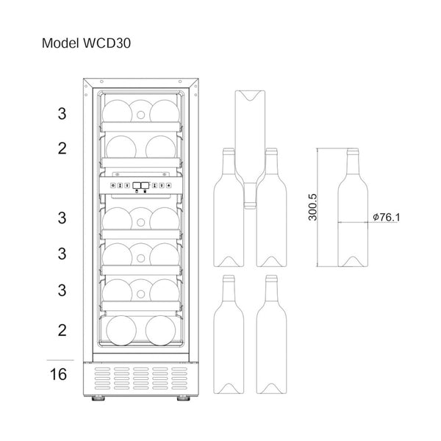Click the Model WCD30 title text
tap(86, 43)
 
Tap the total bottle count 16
tap(59, 374)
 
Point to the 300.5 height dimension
tap(313, 207)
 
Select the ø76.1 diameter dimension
tap(386, 217)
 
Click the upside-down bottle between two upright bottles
tap(250, 149)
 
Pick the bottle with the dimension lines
tap(353, 207)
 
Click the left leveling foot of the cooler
tap(98, 398)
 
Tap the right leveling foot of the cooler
tap(183, 398)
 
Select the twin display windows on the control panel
tap(141, 185)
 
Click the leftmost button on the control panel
tap(112, 186)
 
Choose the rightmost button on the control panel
tap(169, 186)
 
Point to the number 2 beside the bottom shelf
tap(62, 330)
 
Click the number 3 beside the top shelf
tap(62, 114)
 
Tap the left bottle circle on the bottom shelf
tap(121, 331)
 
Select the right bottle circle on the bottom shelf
tap(160, 331)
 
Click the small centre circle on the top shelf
tap(140, 115)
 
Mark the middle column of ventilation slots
tap(141, 379)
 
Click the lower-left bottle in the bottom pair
tap(229, 334)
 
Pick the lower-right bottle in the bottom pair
tap(272, 334)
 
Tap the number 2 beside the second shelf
tap(62, 148)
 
